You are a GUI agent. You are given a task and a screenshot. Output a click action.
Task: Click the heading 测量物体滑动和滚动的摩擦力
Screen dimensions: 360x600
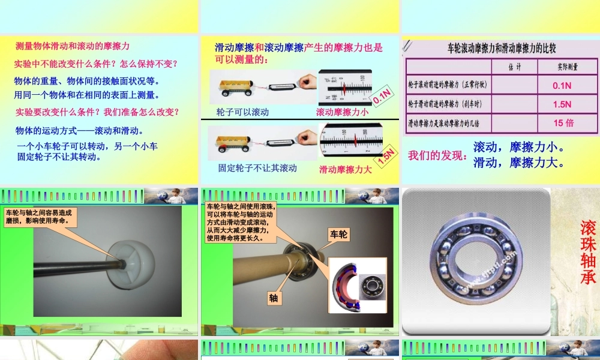(73, 46)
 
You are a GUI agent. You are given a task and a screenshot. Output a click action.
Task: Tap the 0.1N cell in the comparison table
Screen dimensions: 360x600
(562, 86)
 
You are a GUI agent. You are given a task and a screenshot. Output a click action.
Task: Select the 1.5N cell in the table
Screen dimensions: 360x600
(562, 104)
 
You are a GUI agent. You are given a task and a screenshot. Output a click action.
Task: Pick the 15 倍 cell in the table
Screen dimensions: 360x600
(563, 123)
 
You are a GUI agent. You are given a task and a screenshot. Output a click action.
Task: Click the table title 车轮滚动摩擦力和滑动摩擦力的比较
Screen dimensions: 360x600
(502, 49)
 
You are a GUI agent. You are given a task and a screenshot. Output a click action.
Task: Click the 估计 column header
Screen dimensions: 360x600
(514, 67)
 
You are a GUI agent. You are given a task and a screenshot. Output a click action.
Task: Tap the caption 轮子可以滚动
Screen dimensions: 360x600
(242, 112)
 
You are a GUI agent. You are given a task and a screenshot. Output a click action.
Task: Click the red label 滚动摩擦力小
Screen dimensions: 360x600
(342, 112)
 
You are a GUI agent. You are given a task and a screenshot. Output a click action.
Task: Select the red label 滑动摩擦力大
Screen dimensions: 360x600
(346, 169)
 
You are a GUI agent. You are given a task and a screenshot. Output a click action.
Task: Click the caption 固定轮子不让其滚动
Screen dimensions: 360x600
(257, 168)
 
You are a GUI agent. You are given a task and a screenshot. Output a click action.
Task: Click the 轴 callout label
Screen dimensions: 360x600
(273, 298)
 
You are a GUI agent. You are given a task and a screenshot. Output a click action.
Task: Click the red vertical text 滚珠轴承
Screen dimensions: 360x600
(588, 252)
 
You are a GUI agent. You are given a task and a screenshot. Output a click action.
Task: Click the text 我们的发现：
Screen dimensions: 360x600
(437, 156)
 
